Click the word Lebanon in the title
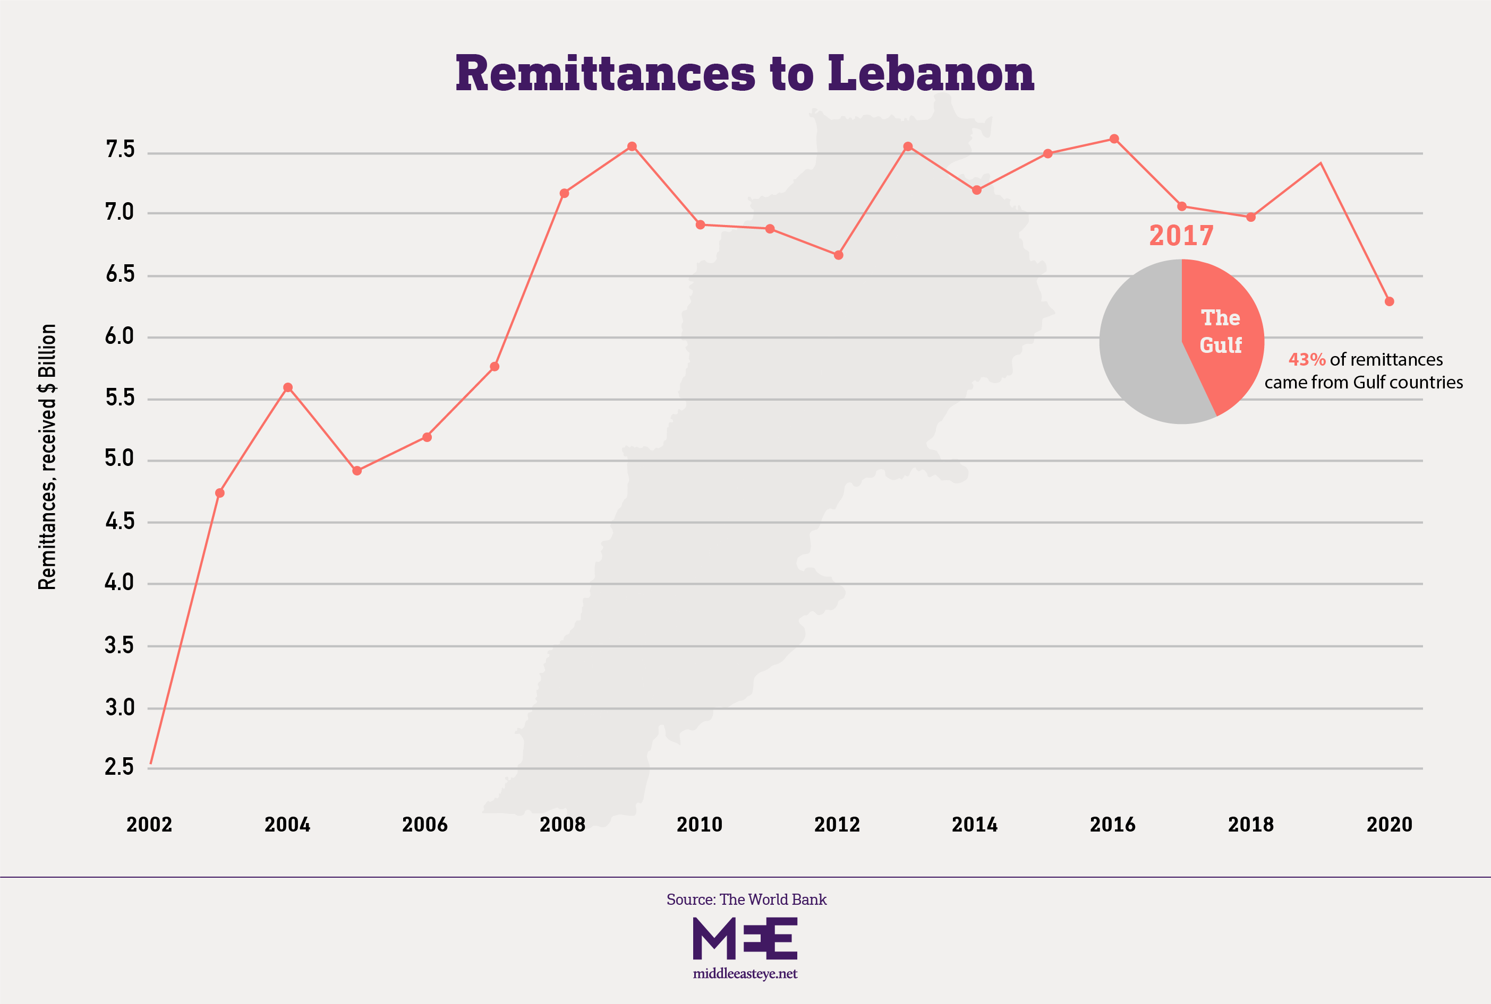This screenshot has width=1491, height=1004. pos(931,74)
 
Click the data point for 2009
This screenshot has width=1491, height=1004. pos(632,146)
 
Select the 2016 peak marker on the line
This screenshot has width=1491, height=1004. pos(1114,139)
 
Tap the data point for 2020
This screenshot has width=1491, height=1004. pos(1389,301)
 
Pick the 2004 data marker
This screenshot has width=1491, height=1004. pos(288,387)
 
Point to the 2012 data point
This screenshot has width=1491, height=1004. pos(838,255)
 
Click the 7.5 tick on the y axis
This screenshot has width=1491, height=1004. pos(120,150)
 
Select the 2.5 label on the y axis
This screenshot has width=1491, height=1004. pos(120,766)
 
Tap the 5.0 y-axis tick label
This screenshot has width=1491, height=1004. pos(120,458)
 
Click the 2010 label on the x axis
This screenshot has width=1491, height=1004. pos(700,824)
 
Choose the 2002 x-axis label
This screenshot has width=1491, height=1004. pos(149,824)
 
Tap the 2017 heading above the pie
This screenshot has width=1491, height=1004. pos(1181,236)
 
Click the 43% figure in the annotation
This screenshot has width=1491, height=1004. pos(1307,360)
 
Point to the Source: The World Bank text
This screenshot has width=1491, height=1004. pos(746,899)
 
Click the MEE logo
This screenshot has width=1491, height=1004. pos(745,938)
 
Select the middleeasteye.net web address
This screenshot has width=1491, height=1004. pos(745,974)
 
